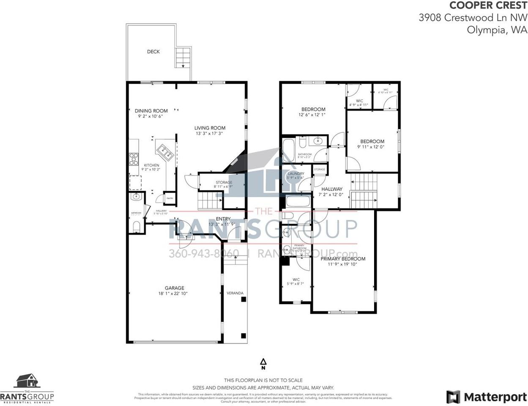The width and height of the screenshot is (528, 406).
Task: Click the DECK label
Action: coord(153,52)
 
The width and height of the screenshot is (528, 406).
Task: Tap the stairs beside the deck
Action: coord(183,58)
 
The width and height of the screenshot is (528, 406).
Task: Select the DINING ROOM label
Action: coord(151,111)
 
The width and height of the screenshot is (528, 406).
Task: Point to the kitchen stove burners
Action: coord(134,159)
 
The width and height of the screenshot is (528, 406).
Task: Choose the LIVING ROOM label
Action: coord(210,128)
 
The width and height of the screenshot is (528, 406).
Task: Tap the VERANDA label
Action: coord(235,293)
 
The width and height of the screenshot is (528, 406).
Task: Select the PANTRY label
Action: coord(170,198)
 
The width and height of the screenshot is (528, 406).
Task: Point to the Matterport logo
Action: coord(486,397)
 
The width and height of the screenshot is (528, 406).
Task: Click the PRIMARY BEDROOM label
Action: coord(343,259)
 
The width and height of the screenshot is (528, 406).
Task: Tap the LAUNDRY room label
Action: coord(296,174)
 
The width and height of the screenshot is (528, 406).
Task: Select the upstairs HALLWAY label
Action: coord(331,189)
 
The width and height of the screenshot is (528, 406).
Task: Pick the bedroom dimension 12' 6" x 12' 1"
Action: coord(313,115)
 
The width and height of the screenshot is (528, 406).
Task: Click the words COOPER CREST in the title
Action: coord(488,5)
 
